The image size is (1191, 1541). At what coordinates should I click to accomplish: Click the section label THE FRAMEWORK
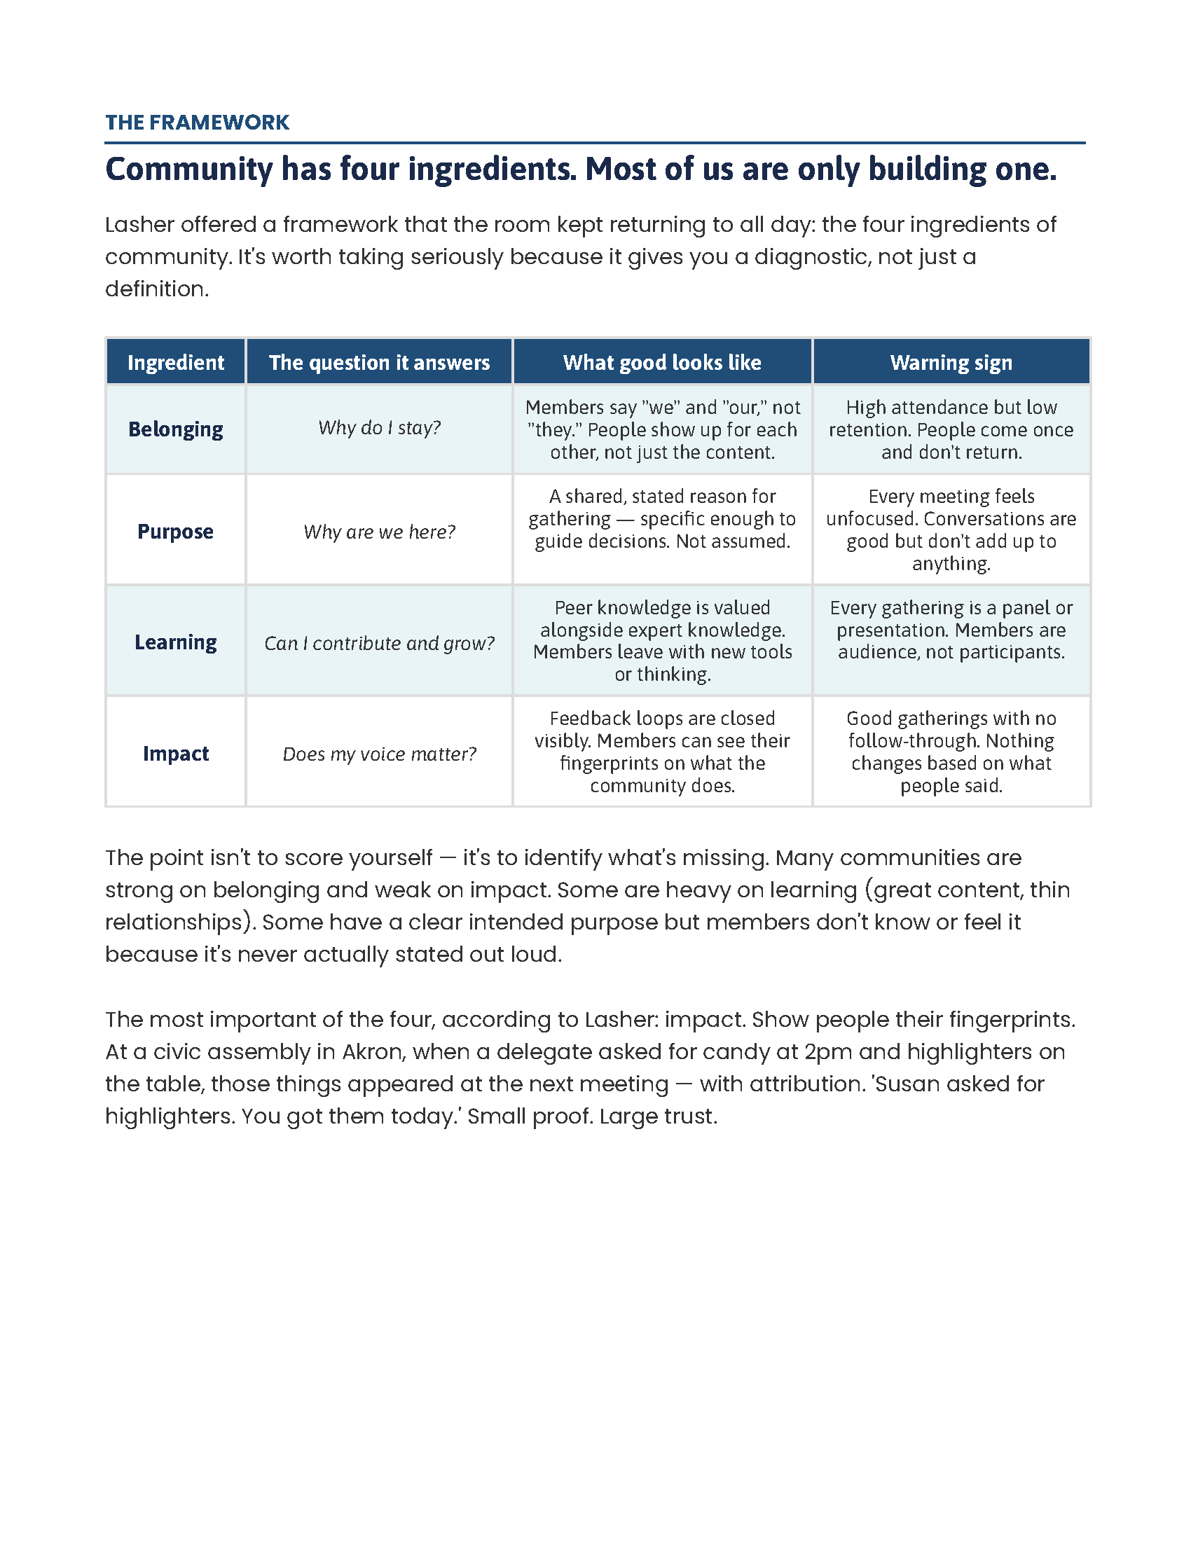tap(197, 122)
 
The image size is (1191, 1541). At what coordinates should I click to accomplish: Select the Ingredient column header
tap(176, 363)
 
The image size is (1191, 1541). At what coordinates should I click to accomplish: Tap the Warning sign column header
tap(951, 363)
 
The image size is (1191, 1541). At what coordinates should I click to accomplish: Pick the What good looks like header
tap(662, 363)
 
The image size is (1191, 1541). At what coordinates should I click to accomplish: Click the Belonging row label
tap(176, 429)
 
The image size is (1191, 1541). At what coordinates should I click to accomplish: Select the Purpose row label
tap(176, 532)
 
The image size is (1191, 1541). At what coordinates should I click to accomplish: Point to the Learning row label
tap(176, 642)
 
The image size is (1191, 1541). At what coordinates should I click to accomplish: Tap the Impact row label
tap(176, 754)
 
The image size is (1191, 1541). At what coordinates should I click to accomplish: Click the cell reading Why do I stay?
tap(379, 427)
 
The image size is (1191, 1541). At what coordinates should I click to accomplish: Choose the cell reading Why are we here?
tap(379, 532)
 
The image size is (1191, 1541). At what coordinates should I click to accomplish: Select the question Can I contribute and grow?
tap(379, 644)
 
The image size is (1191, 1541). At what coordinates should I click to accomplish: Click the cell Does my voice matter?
tap(379, 754)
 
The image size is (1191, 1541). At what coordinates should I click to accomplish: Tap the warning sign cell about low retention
tap(951, 429)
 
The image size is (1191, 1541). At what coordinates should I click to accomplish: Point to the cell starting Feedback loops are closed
tap(662, 752)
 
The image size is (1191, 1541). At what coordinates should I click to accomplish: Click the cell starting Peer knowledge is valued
tap(662, 641)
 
